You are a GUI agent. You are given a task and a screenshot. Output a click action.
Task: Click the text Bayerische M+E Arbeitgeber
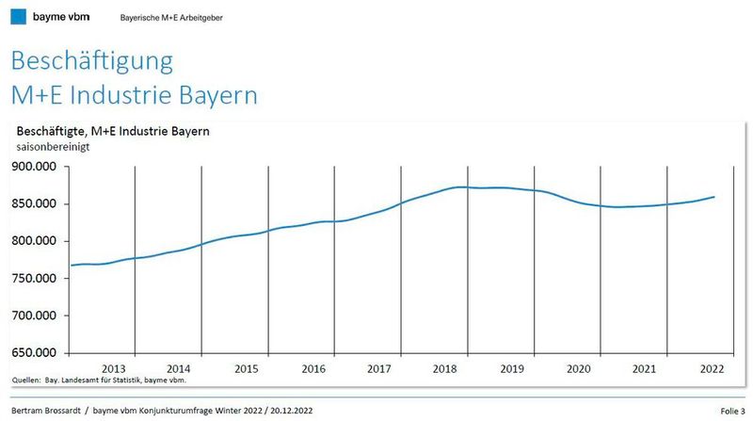[x=172, y=18]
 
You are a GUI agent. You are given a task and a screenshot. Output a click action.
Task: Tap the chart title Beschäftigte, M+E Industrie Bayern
[x=112, y=131]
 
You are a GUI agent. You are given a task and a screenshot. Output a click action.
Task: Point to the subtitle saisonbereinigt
[x=52, y=147]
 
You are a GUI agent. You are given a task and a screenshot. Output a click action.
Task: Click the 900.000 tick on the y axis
[x=34, y=167]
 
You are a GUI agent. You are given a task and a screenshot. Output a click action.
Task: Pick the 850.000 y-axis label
[x=34, y=203]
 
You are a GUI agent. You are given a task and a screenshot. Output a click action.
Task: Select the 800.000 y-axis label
[x=34, y=241]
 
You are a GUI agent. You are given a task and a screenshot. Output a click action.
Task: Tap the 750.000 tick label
[x=34, y=278]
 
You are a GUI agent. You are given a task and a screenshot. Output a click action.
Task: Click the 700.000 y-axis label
[x=34, y=316]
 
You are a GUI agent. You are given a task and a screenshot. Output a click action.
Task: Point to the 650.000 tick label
[x=34, y=352]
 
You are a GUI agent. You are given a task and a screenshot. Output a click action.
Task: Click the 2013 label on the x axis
[x=113, y=368]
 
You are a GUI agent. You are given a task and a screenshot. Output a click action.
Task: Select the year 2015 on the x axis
[x=247, y=368]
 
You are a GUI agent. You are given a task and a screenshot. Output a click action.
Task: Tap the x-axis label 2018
[x=445, y=368]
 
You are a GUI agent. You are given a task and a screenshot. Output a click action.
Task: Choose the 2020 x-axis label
[x=578, y=368]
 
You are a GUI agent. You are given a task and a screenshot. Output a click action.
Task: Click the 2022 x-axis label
[x=712, y=368]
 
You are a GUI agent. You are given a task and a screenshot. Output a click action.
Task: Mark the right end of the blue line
[x=714, y=197]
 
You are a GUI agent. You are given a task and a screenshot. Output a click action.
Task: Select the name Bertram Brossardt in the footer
[x=43, y=411]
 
